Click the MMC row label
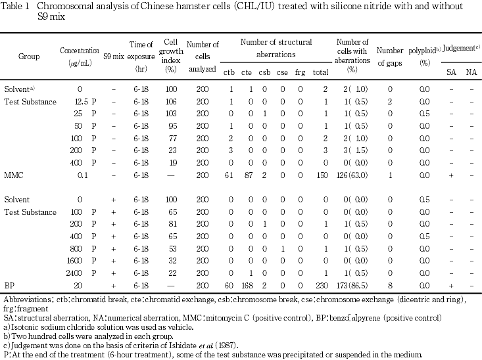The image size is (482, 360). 14,175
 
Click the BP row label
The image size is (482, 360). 9,286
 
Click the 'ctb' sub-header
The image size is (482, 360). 229,72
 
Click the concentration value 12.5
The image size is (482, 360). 82,102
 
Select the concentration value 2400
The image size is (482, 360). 80,273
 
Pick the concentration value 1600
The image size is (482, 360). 80,261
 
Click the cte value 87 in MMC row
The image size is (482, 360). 247,175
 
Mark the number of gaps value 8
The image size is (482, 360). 389,286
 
